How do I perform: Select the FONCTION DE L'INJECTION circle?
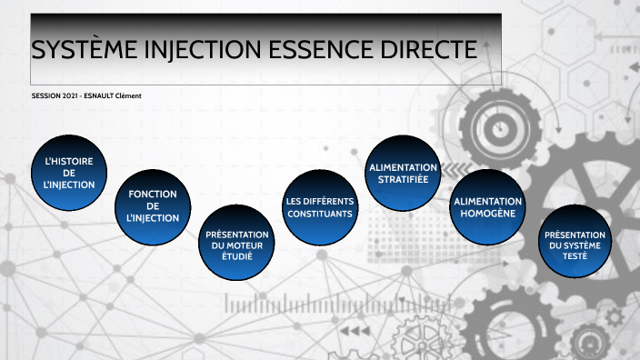point(153,206)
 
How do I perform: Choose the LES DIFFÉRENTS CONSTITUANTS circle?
point(319,206)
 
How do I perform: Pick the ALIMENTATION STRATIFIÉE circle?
point(403,173)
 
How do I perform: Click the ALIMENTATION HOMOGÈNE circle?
point(488,206)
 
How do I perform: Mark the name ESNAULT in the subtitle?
point(105,96)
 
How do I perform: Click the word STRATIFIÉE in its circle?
point(403,179)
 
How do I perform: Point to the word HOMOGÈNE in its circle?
point(488,213)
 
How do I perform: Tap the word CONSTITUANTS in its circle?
point(319,213)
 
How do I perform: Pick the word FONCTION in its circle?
point(153,194)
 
